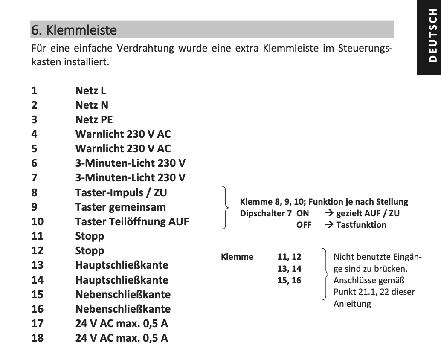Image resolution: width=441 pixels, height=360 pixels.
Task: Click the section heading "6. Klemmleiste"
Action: click(x=74, y=30)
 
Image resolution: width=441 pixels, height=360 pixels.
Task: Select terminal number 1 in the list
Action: click(x=34, y=90)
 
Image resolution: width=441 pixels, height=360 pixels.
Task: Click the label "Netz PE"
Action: click(x=94, y=119)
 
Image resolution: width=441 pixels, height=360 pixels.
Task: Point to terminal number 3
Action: click(x=34, y=119)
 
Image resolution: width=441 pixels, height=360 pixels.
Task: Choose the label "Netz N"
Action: click(x=92, y=105)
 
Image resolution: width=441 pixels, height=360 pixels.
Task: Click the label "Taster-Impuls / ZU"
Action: click(x=121, y=192)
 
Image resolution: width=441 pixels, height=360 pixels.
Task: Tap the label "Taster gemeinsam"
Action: click(x=121, y=207)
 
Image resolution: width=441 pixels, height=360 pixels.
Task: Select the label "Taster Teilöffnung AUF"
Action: click(x=132, y=221)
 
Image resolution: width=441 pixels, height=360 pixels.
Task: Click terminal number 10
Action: click(x=37, y=221)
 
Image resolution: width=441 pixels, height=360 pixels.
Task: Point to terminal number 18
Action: click(x=37, y=338)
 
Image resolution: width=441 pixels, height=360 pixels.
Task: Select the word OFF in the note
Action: click(x=304, y=224)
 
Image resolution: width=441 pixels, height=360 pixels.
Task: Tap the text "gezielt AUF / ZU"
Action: click(x=368, y=213)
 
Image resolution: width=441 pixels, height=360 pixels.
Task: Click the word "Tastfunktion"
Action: click(x=361, y=224)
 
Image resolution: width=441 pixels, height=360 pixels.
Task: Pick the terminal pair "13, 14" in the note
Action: click(x=289, y=269)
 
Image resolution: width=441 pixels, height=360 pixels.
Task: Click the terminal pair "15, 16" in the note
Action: click(x=289, y=280)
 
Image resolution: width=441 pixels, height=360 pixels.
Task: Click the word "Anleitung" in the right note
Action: click(x=352, y=304)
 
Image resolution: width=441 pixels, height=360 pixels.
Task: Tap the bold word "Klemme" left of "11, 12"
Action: click(x=237, y=257)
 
